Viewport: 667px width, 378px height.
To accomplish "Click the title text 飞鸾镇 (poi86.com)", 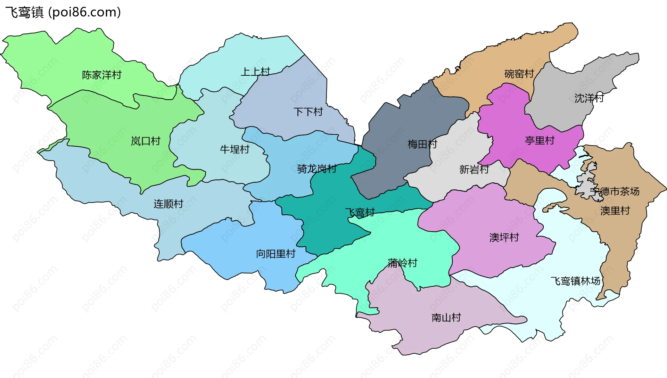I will click(63, 12).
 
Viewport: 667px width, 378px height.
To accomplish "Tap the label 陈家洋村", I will click(101, 75).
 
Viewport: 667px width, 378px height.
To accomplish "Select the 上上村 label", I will click(255, 72).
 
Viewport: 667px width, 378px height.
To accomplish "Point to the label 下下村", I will click(308, 112).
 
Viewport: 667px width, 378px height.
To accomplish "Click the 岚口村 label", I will click(145, 141).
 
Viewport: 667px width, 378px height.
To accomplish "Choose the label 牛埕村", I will click(234, 149).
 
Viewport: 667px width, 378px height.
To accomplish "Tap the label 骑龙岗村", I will click(316, 169).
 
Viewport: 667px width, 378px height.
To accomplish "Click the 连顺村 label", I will click(168, 204).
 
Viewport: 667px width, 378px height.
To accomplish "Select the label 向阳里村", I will click(275, 254).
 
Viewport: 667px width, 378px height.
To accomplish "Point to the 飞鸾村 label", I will click(360, 212).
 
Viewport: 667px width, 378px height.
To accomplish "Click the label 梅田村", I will click(422, 144).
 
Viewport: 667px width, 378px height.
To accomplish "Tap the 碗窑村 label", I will click(519, 74).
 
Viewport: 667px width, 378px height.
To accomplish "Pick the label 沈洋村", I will click(589, 98).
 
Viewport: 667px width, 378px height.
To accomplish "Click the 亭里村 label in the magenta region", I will click(540, 140).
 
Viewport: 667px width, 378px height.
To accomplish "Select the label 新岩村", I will click(474, 170).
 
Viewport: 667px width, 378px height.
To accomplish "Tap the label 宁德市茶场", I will click(615, 191).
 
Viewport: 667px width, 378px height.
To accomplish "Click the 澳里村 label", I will click(615, 211).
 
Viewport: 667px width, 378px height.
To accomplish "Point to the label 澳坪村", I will click(504, 237).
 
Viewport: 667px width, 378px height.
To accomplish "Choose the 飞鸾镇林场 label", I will click(575, 281).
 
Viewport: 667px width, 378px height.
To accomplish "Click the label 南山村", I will click(446, 318).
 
